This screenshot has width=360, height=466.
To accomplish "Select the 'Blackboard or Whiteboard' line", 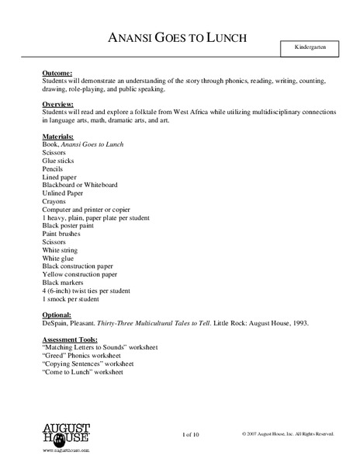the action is click(x=81, y=186).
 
